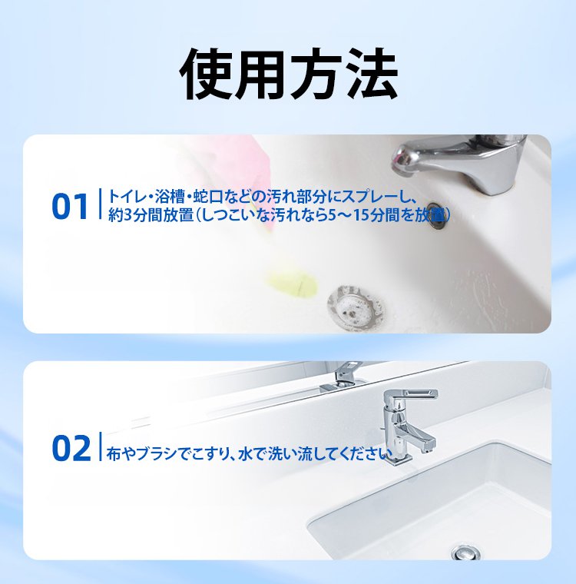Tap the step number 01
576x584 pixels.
pos(70,206)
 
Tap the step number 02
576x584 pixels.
pos(71,448)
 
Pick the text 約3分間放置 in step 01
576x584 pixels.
pos(151,215)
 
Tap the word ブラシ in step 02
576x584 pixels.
pos(156,454)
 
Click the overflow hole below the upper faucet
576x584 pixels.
pos(436,216)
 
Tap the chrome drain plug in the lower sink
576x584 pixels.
pos(465,552)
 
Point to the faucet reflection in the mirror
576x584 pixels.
pos(342,377)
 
